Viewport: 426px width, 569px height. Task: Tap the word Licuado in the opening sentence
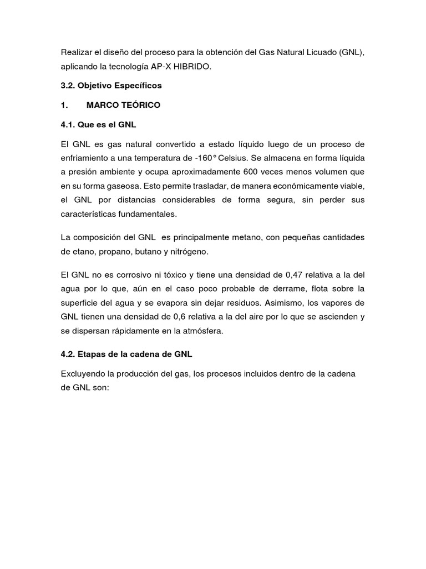click(x=320, y=53)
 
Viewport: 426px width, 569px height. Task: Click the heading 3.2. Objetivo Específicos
click(x=111, y=86)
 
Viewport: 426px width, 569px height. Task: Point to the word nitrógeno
click(x=189, y=252)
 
